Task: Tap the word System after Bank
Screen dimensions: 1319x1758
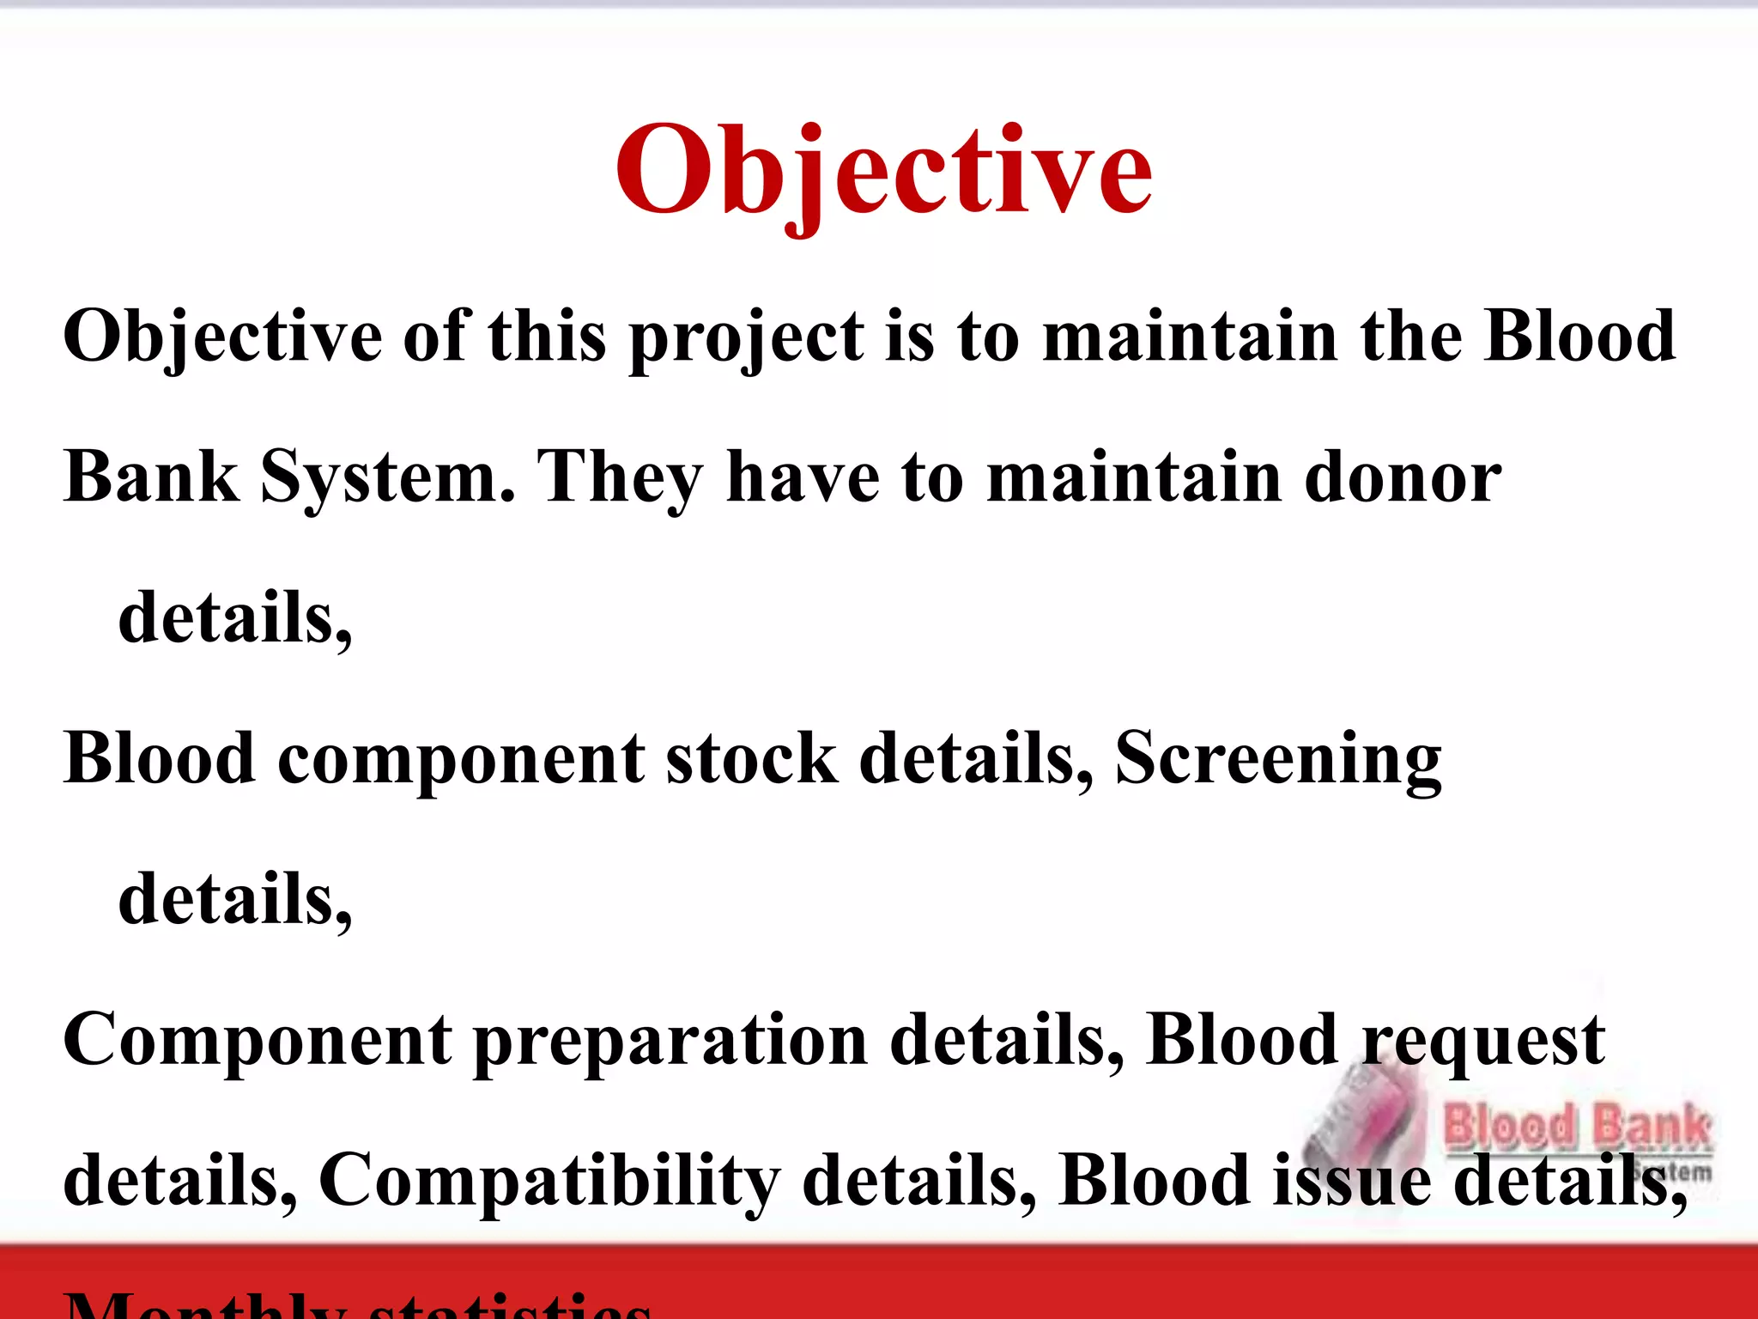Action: [388, 478]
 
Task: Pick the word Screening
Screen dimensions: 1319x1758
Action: [1278, 760]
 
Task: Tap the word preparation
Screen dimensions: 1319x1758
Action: [670, 1042]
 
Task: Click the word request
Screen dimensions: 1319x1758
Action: [1483, 1042]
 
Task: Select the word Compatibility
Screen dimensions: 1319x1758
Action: [549, 1182]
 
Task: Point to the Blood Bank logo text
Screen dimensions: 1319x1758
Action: [1578, 1128]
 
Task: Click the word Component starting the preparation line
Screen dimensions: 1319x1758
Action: [258, 1040]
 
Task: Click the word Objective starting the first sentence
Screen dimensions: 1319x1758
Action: [222, 337]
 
